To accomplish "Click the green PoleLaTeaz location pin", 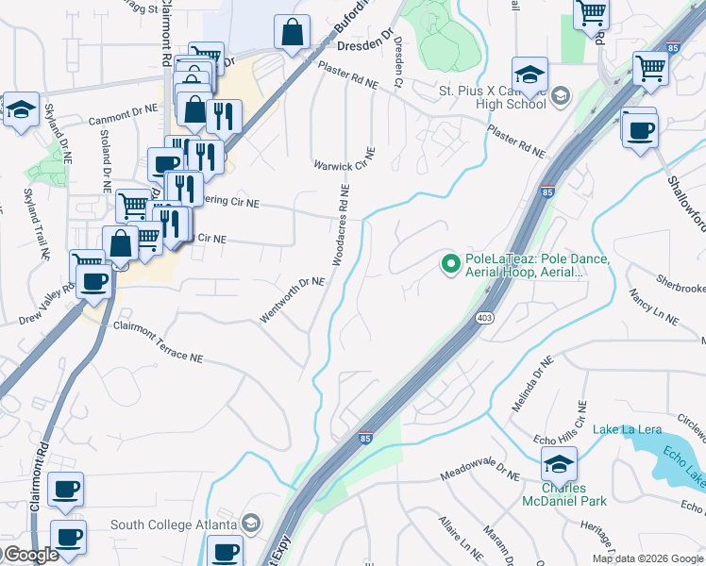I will (x=450, y=263).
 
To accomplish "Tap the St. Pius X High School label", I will (x=491, y=97).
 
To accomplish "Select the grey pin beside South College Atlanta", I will (x=251, y=524).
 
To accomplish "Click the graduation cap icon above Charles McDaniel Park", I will (x=559, y=463).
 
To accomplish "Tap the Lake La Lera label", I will (x=627, y=430).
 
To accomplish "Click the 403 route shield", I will (x=485, y=318).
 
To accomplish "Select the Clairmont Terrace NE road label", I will (x=159, y=341).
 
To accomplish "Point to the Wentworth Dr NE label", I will (x=293, y=300).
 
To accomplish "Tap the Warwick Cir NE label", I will (x=345, y=159).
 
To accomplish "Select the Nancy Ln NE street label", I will (x=653, y=308).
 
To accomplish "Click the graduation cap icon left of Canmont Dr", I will (x=21, y=109).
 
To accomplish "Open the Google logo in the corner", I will (x=30, y=555).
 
